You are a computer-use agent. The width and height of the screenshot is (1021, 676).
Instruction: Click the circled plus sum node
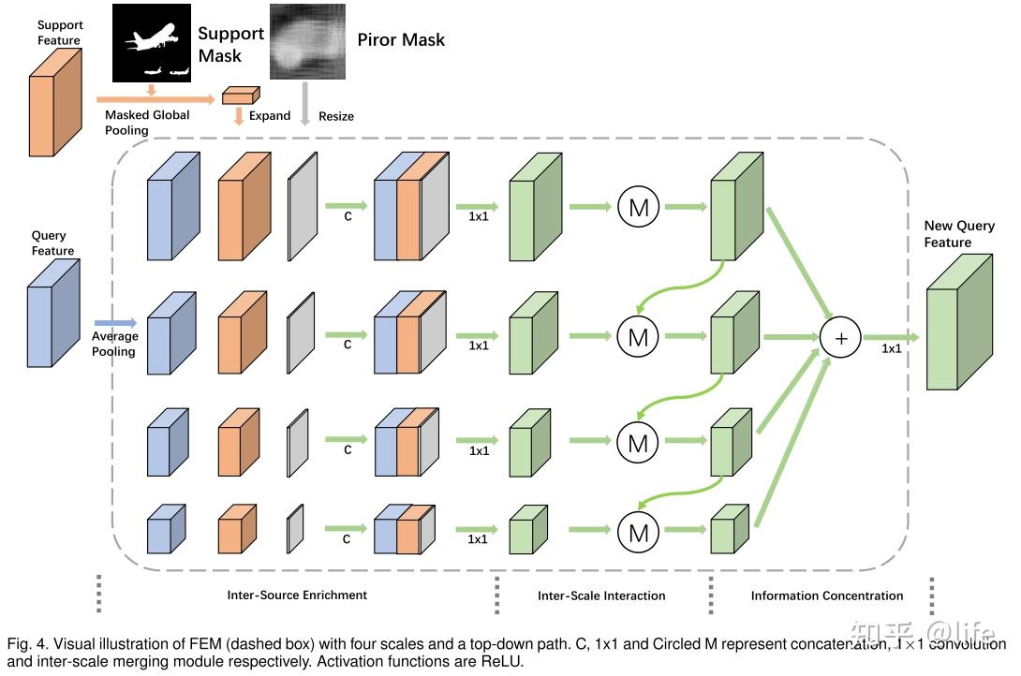840,338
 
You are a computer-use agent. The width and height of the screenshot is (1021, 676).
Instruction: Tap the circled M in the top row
638,207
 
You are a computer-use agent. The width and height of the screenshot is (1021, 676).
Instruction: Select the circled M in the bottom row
638,533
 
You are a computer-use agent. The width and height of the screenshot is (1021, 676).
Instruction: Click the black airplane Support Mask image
151,42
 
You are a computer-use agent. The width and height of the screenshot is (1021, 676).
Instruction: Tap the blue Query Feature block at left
53,312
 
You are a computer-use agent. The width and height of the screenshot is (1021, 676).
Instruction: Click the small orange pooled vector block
239,95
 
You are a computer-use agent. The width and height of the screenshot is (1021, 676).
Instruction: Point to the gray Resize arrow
303,101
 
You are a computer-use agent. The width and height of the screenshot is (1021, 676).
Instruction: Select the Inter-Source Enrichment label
297,595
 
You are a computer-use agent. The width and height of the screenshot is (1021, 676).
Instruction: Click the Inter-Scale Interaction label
601,595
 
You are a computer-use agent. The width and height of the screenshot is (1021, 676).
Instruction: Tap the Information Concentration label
827,595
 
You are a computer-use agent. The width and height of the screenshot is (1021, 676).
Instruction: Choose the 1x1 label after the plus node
892,347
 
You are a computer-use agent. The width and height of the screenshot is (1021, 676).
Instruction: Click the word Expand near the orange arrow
270,116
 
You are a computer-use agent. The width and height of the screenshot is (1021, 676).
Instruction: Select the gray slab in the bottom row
295,530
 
